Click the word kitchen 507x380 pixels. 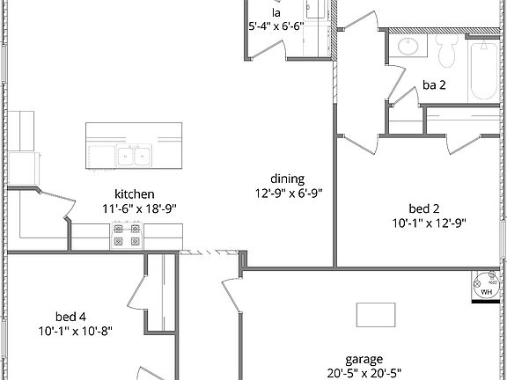[135, 194]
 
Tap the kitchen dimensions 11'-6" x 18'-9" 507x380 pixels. [139, 209]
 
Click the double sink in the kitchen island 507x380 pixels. [136, 157]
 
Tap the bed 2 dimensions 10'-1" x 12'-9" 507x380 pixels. [429, 223]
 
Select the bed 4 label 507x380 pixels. [70, 316]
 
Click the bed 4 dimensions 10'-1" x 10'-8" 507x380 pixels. [76, 331]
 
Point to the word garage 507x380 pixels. [364, 359]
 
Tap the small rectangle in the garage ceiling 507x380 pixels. [376, 314]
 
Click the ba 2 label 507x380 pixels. [433, 85]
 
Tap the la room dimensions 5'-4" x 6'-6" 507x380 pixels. [276, 26]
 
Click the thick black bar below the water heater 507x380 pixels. [487, 302]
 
